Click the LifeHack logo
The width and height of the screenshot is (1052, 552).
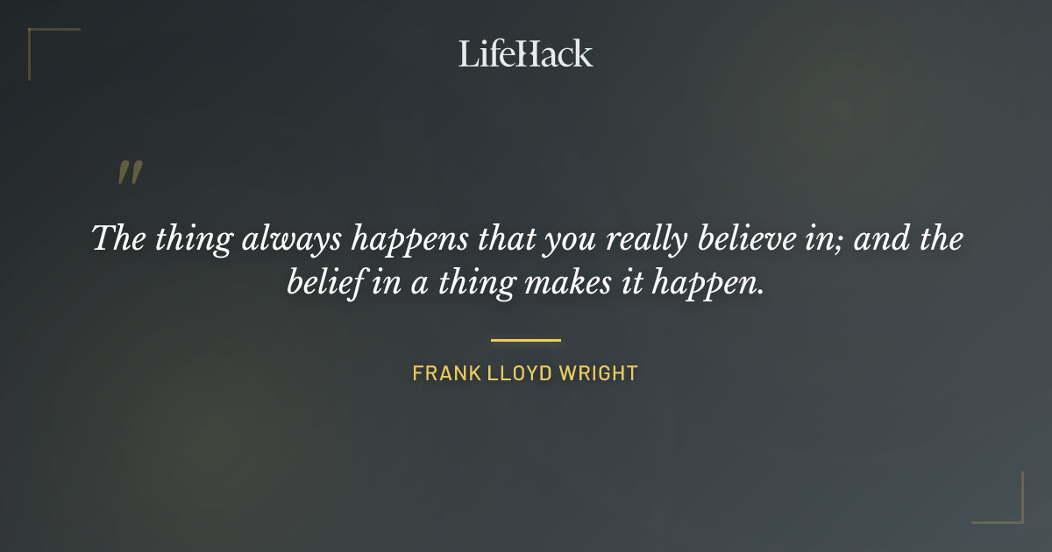(x=525, y=53)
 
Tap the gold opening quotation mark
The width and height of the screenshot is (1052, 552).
(x=129, y=173)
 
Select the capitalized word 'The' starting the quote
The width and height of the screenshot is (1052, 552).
(x=118, y=239)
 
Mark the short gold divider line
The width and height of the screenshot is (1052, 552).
(x=525, y=340)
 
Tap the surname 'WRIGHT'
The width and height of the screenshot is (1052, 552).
(x=598, y=373)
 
